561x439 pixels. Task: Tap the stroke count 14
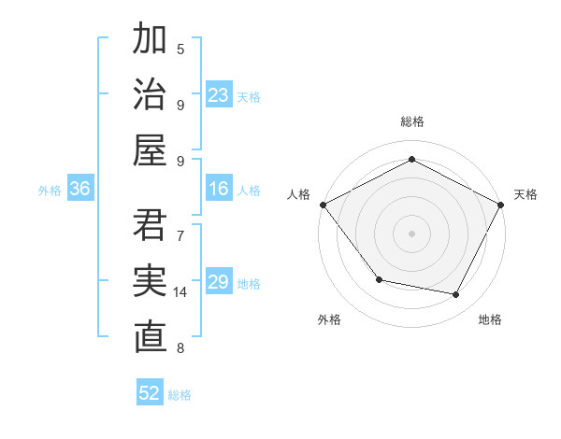[181, 292]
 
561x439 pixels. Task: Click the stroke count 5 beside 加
[180, 49]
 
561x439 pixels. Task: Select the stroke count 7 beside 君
[180, 235]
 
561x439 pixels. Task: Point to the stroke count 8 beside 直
[180, 348]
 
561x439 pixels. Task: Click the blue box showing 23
[219, 95]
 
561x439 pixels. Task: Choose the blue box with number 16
[219, 190]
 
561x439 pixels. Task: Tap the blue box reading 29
[219, 282]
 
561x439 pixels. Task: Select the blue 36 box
[80, 190]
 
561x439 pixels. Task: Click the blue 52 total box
[150, 393]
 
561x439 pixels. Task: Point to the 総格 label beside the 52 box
[180, 395]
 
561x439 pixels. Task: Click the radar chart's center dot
[411, 233]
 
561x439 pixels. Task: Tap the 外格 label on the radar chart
[329, 319]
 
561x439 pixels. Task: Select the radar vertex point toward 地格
[456, 295]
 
